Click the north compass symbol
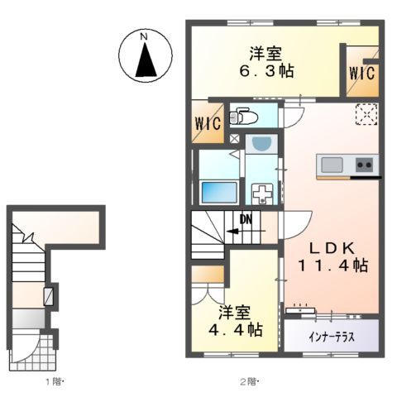tap(144, 55)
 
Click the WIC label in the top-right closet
tap(361, 73)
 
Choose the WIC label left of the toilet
tap(208, 125)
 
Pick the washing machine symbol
tap(262, 195)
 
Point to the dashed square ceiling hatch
tap(366, 113)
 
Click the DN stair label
tap(246, 219)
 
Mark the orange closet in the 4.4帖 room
tap(208, 274)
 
